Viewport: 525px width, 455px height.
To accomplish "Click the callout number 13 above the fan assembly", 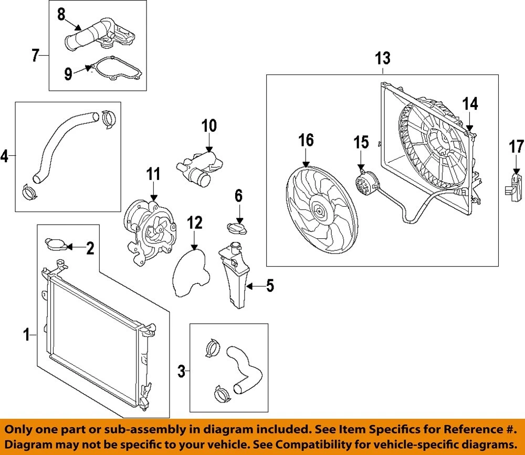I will (383, 58).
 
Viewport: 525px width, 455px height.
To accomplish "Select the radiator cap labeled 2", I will (54, 244).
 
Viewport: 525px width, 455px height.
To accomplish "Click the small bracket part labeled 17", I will (515, 186).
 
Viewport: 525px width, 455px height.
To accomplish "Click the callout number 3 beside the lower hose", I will (182, 373).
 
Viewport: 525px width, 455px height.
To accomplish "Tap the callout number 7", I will (36, 55).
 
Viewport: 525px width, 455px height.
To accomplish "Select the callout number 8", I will (61, 14).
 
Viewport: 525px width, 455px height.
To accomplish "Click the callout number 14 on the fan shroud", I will (470, 104).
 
